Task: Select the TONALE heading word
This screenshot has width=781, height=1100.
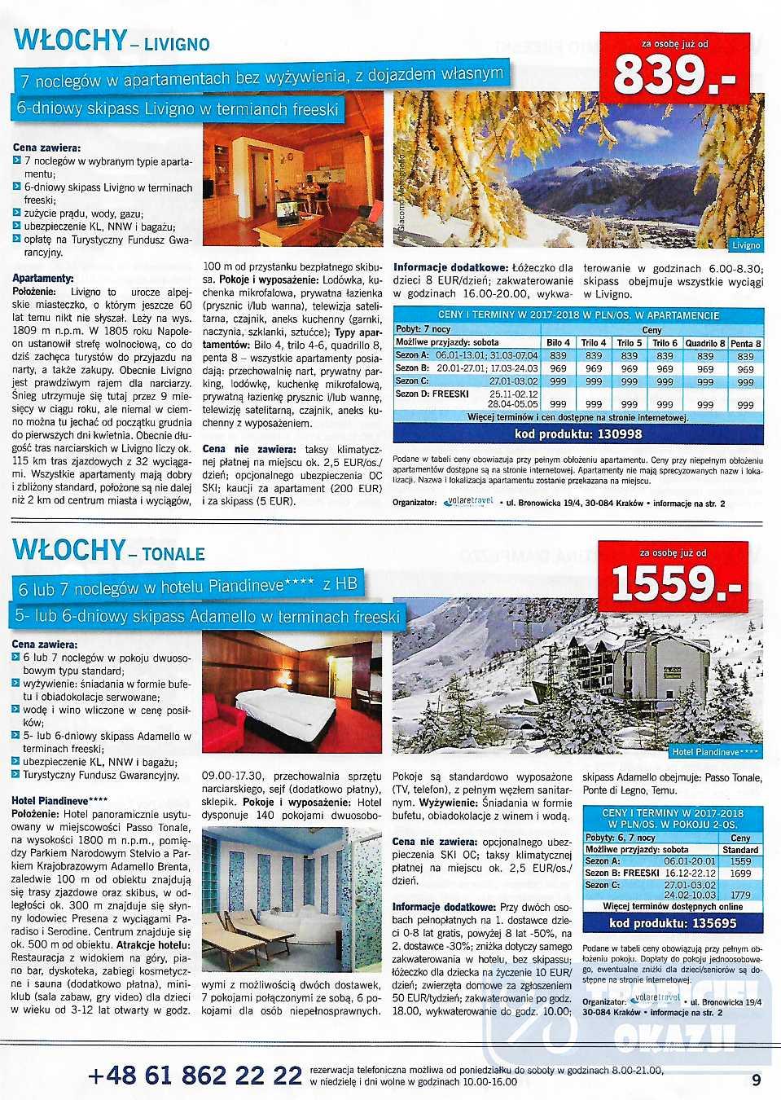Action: coord(173,554)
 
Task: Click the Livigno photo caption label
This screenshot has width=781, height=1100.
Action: coord(745,244)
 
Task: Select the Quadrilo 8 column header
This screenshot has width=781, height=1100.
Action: coord(704,343)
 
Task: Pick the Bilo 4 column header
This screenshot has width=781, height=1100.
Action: coord(558,343)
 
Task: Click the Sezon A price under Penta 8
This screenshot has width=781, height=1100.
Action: coord(745,356)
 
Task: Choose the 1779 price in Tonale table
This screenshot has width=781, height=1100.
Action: coord(740,895)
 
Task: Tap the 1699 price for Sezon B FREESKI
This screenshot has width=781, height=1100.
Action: coord(740,873)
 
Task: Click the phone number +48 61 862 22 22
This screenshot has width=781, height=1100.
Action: coord(195,1076)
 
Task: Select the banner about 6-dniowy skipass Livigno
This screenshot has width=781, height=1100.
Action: coord(178,108)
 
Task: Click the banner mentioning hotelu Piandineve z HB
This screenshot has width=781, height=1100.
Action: coord(187,586)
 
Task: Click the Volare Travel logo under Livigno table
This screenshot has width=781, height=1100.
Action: coord(470,502)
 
